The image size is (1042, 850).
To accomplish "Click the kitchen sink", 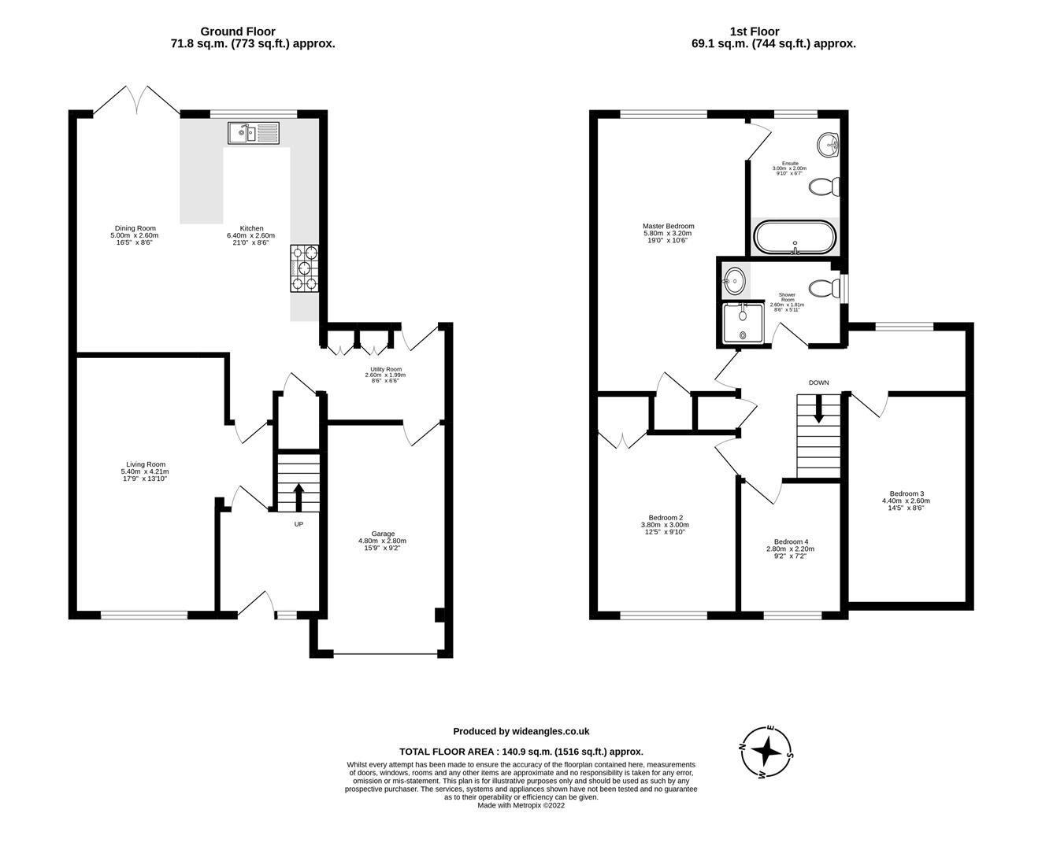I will [254, 133].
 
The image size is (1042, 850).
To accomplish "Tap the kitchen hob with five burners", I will [306, 268].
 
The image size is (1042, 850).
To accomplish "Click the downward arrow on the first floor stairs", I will [819, 408].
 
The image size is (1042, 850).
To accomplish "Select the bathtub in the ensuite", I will [794, 238].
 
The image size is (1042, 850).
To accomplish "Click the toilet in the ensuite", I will [825, 187].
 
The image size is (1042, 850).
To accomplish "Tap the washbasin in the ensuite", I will [829, 145].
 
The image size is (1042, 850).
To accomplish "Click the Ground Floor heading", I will [248, 31].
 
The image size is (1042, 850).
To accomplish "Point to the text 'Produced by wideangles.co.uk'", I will [521, 731].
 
